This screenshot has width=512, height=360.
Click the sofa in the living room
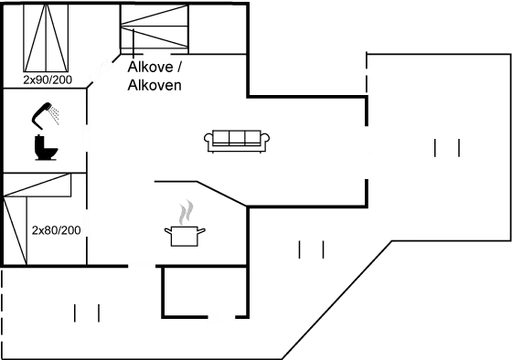pyautogui.click(x=237, y=140)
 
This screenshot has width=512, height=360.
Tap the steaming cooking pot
pyautogui.click(x=185, y=236)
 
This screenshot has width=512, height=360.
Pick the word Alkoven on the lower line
pyautogui.click(x=155, y=85)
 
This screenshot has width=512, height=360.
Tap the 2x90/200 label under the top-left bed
pyautogui.click(x=47, y=80)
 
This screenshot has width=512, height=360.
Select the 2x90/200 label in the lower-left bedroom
pyautogui.click(x=55, y=229)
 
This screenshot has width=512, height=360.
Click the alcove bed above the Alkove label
pyautogui.click(x=154, y=27)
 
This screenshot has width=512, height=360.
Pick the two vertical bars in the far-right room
pyautogui.click(x=447, y=147)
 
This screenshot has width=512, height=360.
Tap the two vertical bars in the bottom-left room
pyautogui.click(x=87, y=313)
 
